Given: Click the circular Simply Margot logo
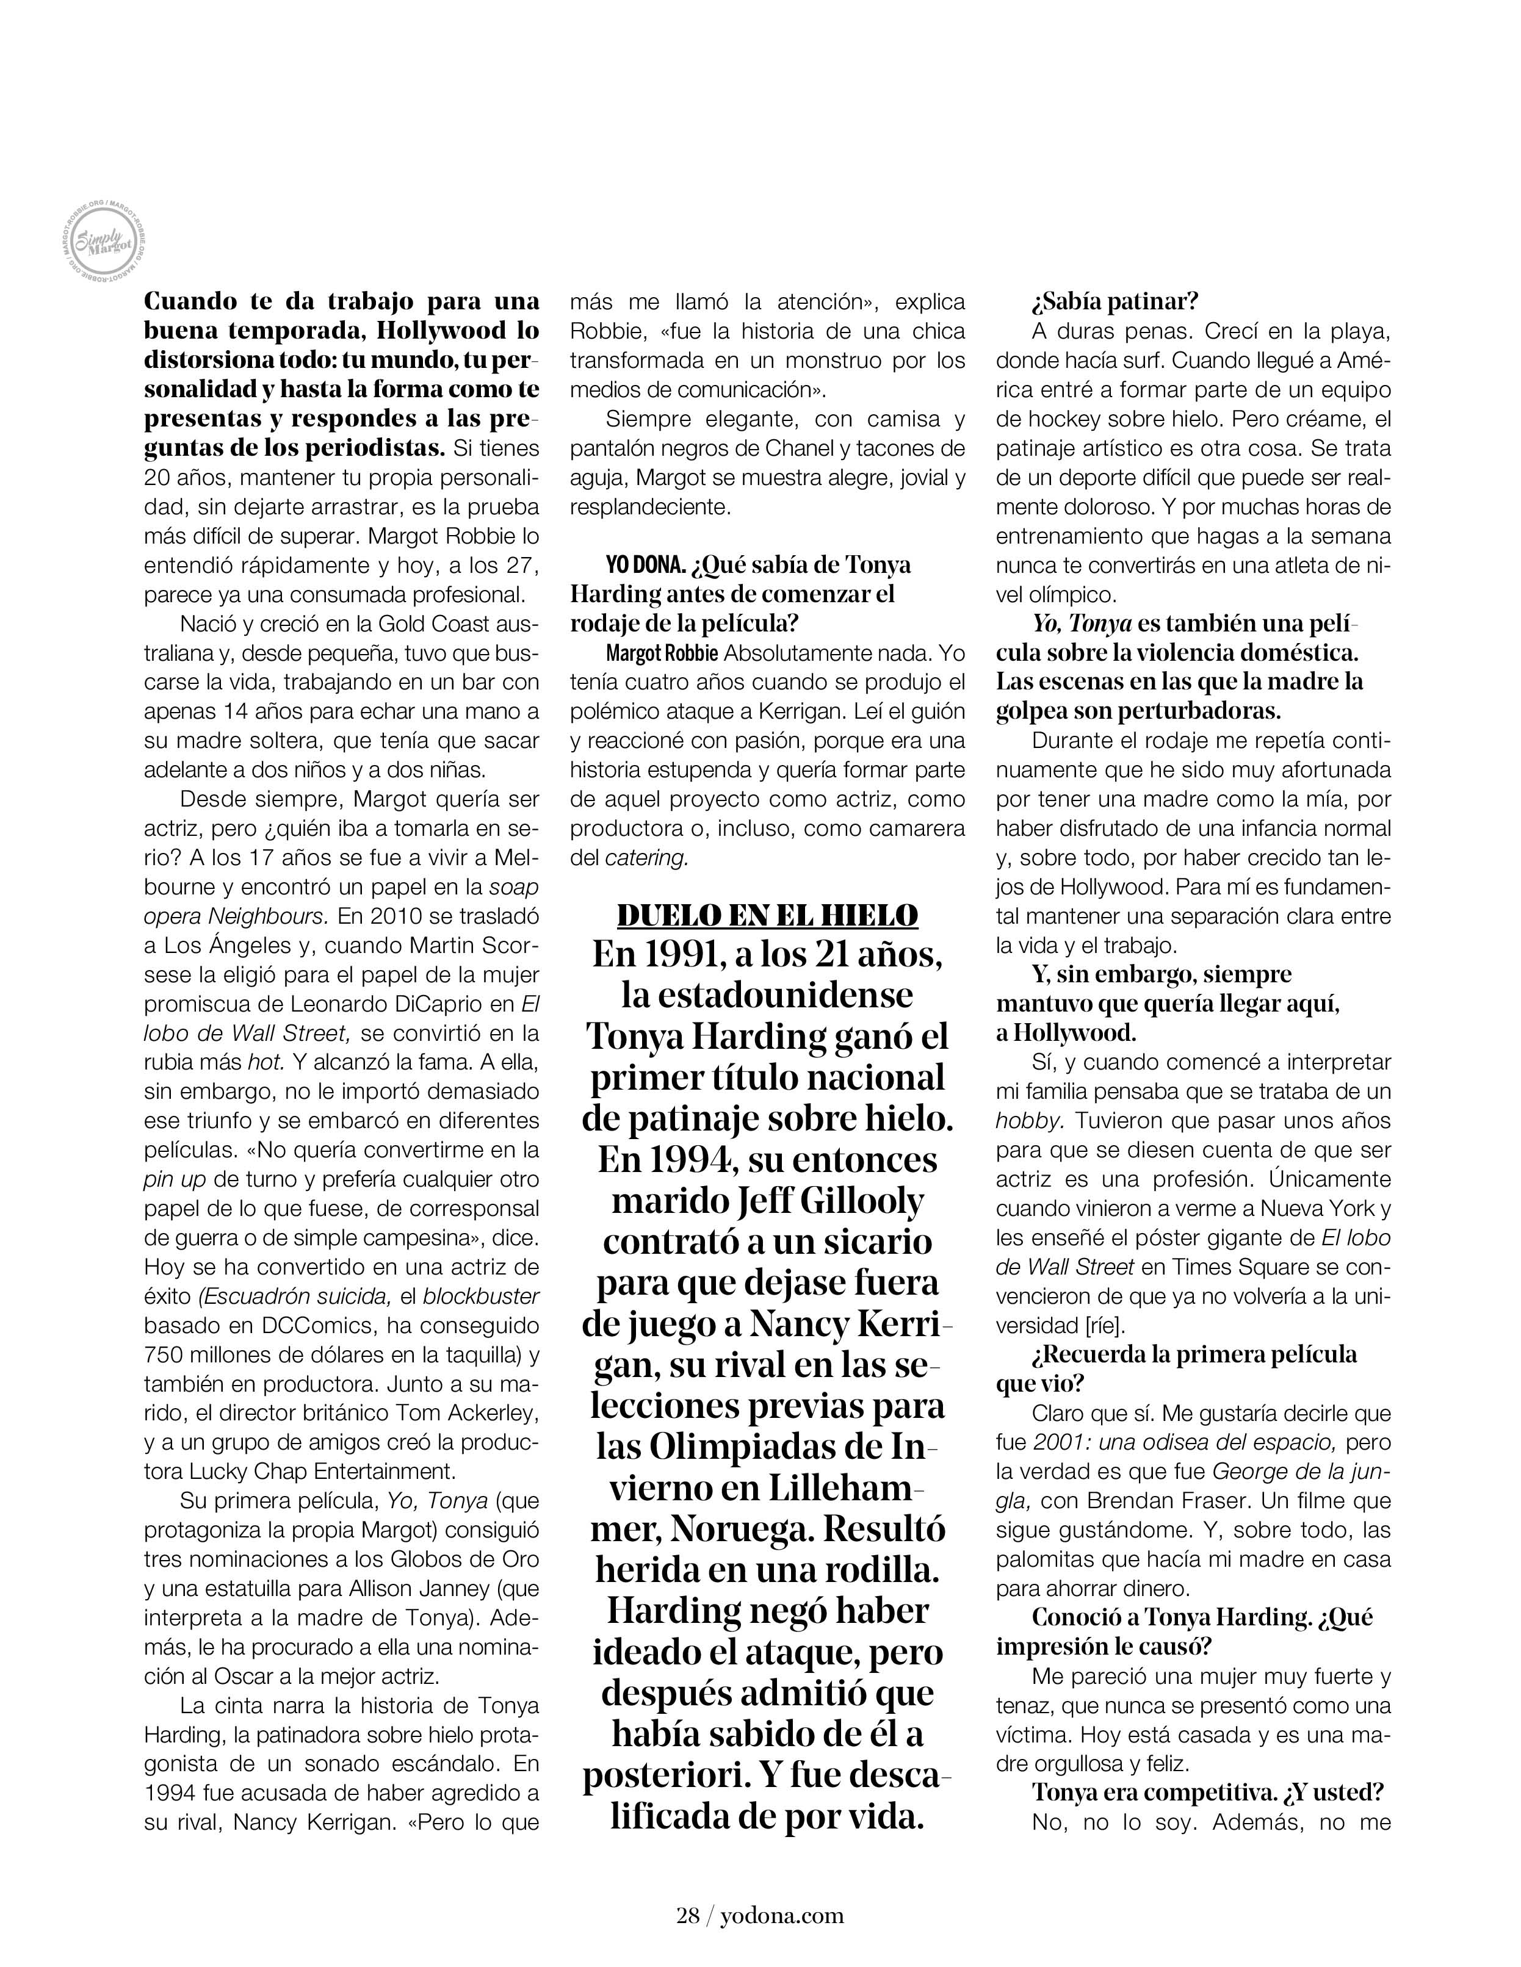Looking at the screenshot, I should point(102,242).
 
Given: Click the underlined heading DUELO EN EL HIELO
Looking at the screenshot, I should point(767,915).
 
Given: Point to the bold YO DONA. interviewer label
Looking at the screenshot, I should point(645,566).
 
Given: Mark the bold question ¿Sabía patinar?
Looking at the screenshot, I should point(1115,302).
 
